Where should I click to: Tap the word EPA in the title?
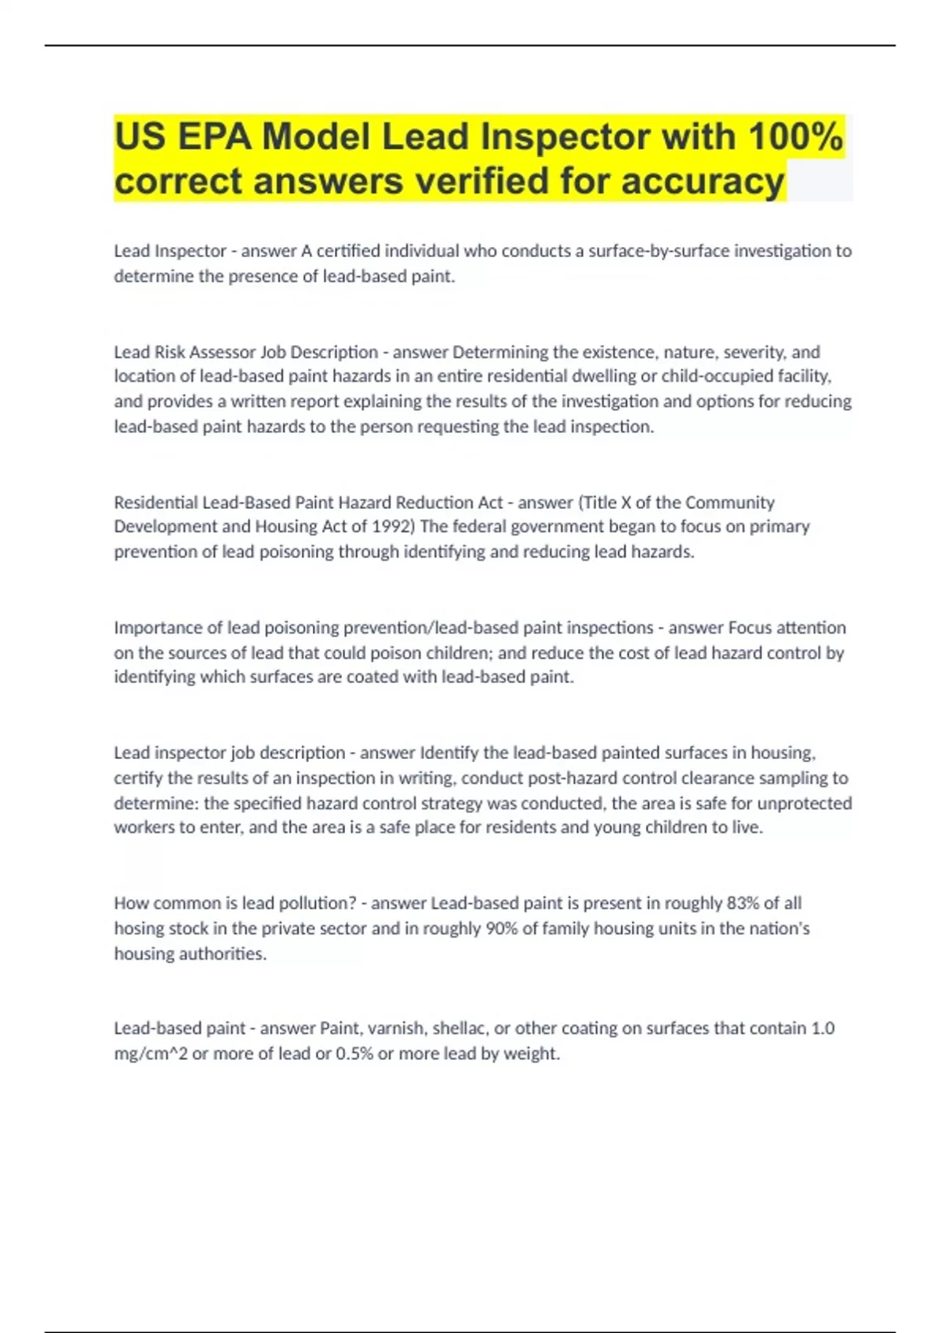click(x=214, y=136)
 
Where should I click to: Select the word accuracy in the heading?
click(x=703, y=181)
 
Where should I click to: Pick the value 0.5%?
click(x=354, y=1053)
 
